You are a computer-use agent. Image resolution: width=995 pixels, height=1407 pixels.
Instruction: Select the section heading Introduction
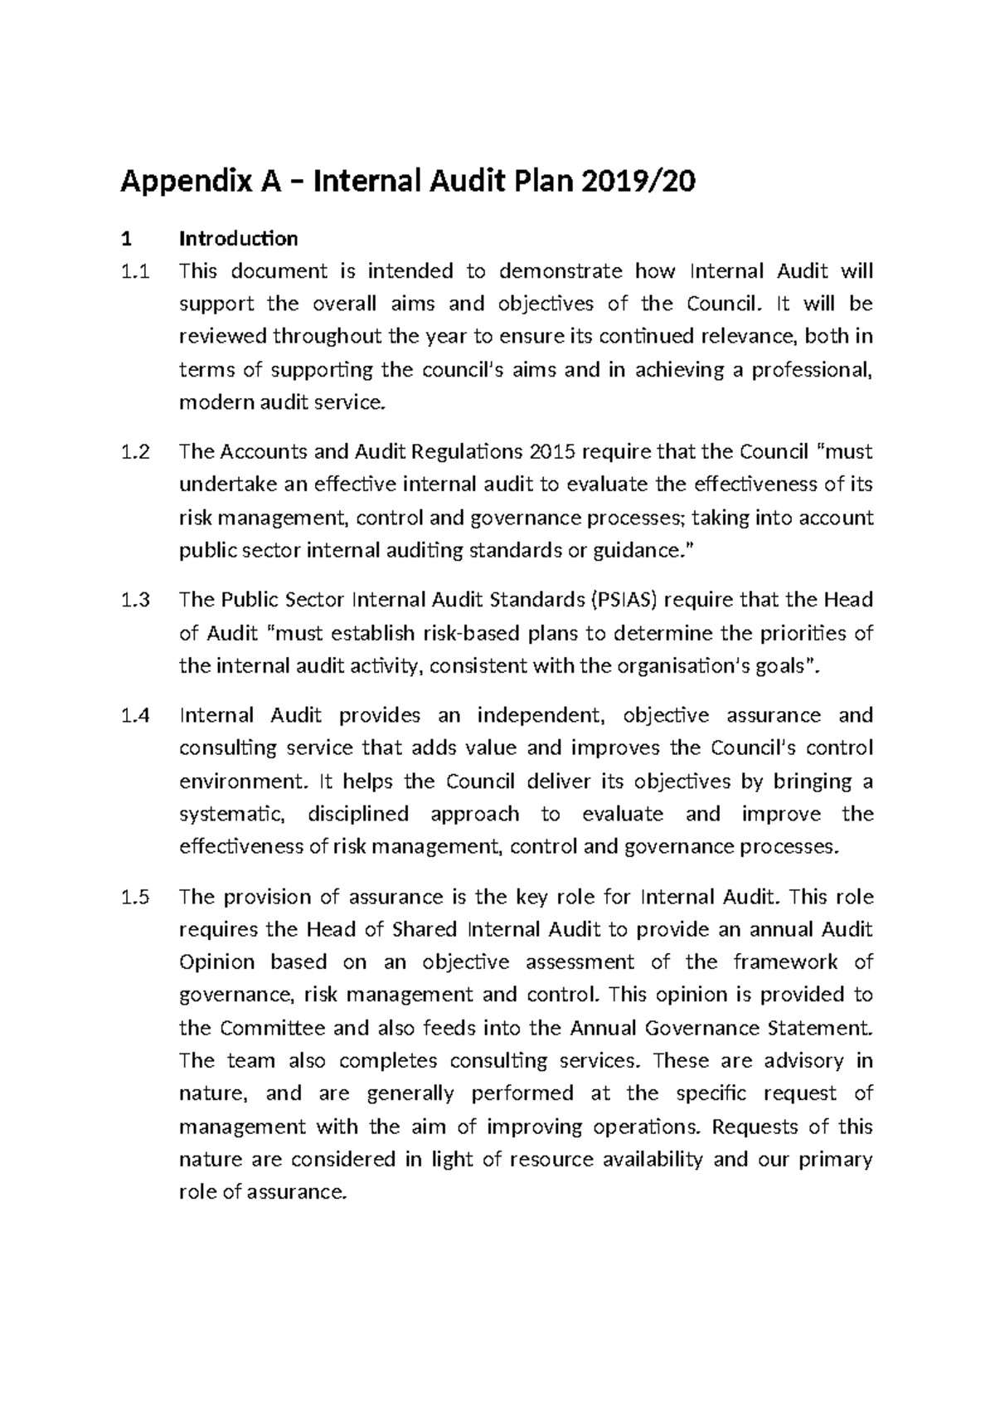point(239,239)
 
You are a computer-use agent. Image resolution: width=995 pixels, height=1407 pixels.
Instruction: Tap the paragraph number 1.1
point(135,271)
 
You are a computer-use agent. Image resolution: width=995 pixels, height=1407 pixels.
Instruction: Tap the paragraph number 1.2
point(135,452)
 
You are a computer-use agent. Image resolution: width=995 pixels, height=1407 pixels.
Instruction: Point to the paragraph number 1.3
point(135,600)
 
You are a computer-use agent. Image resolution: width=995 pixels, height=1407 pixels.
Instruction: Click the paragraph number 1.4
point(135,715)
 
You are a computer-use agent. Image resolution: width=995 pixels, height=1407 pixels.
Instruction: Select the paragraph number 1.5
point(135,897)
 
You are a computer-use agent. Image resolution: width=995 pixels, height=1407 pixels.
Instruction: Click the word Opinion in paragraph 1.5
point(217,962)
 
